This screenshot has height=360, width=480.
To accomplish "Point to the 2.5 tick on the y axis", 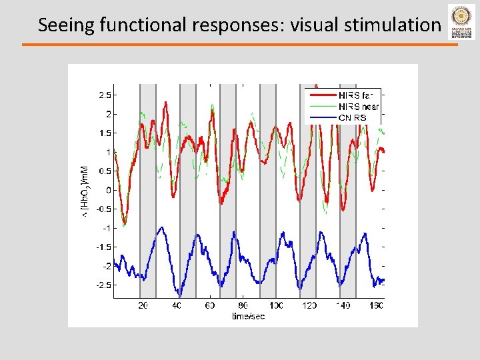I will tap(105, 95).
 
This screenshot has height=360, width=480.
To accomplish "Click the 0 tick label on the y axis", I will tap(109, 190).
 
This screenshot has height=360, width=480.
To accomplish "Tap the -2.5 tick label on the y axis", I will tap(103, 285).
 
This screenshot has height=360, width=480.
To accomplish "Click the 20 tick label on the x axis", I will tap(143, 305).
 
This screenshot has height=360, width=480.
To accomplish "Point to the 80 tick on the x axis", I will tap(243, 305).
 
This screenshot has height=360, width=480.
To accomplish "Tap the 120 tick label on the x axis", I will tap(309, 305).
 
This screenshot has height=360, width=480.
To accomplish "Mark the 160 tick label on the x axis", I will tap(376, 305).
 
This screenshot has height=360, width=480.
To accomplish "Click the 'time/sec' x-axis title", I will tap(248, 315).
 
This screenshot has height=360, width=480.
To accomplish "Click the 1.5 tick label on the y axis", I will tap(105, 133).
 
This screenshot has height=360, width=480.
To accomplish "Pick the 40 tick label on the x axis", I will tap(177, 305).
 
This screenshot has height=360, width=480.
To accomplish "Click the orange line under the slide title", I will tap(240, 45).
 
